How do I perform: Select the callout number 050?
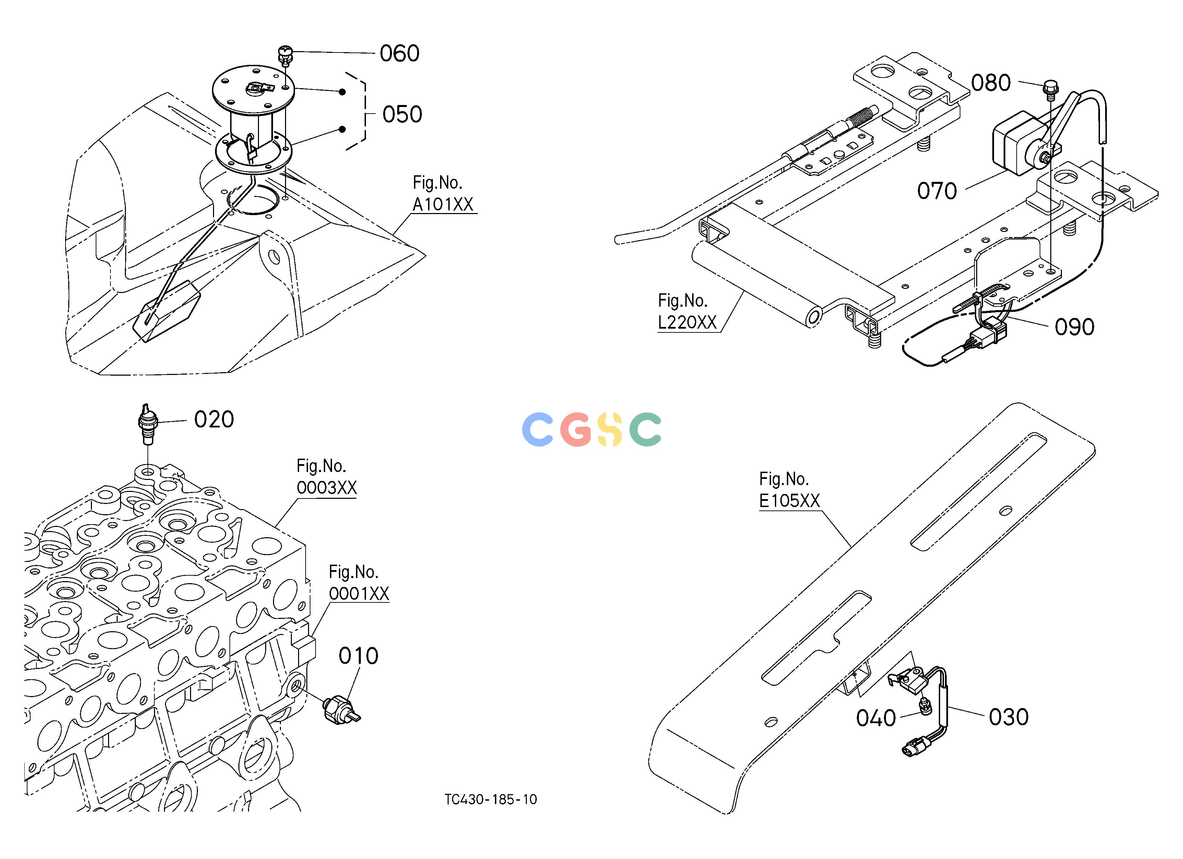pyautogui.click(x=402, y=115)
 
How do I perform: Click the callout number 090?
pyautogui.click(x=1075, y=327)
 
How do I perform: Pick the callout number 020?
pyautogui.click(x=214, y=419)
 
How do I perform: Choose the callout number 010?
pyautogui.click(x=358, y=656)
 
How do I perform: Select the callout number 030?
pyautogui.click(x=1009, y=717)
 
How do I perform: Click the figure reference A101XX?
pyautogui.click(x=443, y=204)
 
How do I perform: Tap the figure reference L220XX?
pyautogui.click(x=687, y=322)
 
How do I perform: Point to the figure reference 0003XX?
pyautogui.click(x=327, y=488)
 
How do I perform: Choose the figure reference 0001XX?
pyautogui.click(x=359, y=593)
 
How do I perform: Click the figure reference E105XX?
pyautogui.click(x=789, y=501)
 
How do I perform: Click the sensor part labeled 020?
pyautogui.click(x=147, y=424)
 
